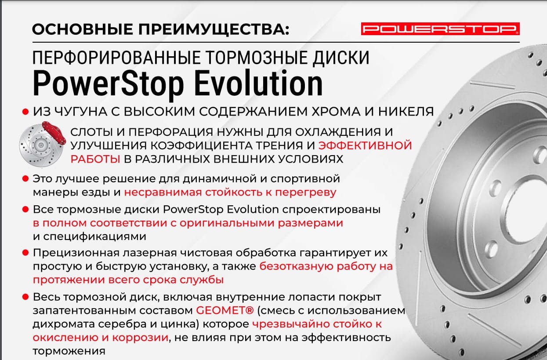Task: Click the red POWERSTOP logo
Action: [440, 29]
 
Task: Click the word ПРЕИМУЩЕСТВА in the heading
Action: [214, 29]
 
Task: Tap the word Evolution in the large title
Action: [259, 83]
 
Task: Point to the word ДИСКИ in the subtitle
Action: [341, 58]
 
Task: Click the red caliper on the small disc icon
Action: [54, 134]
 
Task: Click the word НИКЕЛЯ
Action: [406, 112]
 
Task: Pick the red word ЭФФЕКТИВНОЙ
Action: [365, 145]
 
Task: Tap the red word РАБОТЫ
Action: [95, 159]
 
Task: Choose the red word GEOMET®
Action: [225, 311]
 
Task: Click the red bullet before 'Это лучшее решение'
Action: [25, 178]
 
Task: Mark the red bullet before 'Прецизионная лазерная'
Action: [25, 253]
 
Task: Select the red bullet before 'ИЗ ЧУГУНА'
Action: [25, 112]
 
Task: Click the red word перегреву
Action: [306, 193]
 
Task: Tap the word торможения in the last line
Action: [69, 351]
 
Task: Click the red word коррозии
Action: [141, 338]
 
